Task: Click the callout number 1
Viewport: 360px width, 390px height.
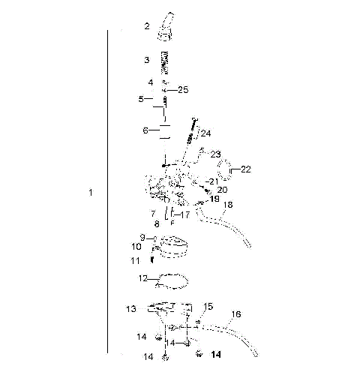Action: tap(91, 193)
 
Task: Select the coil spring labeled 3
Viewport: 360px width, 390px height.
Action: tap(166, 61)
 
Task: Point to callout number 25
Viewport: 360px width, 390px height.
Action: tap(183, 90)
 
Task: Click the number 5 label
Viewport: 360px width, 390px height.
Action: tap(140, 98)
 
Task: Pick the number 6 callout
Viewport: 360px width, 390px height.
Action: tap(145, 130)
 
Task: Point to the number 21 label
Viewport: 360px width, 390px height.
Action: tap(214, 181)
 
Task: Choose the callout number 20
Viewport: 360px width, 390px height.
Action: tap(222, 190)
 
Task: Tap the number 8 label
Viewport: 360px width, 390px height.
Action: tap(156, 223)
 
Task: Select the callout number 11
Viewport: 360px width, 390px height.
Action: tap(135, 260)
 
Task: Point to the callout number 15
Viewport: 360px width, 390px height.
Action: tap(209, 307)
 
